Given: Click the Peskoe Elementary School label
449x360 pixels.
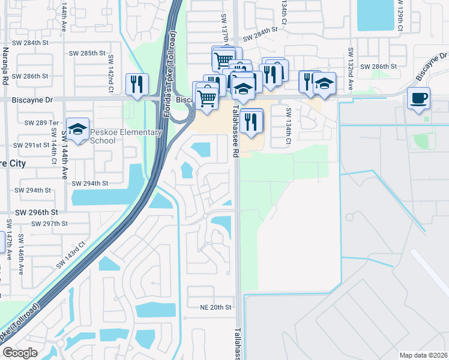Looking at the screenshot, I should (x=126, y=136).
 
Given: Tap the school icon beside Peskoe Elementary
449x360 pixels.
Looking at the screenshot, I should (x=77, y=130).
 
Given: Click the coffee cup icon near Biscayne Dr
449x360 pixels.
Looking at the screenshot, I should (x=418, y=98).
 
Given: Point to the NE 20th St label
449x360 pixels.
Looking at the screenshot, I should (x=215, y=307).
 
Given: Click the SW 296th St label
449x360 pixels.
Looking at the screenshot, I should (x=37, y=212).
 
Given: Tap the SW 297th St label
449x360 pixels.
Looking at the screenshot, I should (x=51, y=223).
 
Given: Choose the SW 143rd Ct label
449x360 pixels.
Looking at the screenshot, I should (x=71, y=256).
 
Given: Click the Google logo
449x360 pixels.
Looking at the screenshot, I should (x=19, y=352).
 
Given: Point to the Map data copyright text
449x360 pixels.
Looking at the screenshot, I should (x=424, y=355).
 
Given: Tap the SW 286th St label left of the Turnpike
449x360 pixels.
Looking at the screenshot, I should (x=32, y=76).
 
